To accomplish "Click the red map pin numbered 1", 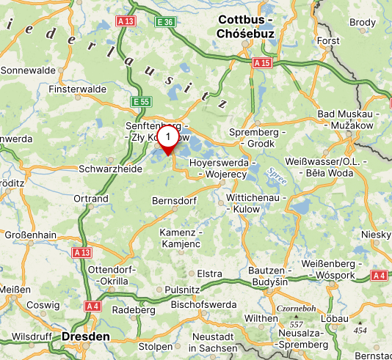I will tap(169, 139).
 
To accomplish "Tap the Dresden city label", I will tap(86, 337).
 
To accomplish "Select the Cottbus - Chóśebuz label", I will tap(245, 26).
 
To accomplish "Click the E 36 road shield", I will tap(164, 23).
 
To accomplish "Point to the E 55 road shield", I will tap(141, 100).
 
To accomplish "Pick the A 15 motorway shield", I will tap(261, 64).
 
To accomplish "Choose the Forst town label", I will tap(328, 41).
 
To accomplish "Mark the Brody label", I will tap(361, 23).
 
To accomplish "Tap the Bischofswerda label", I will tap(203, 304).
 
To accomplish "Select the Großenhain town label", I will tap(31, 236).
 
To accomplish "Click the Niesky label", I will tap(377, 234).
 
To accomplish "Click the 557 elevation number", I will tap(296, 323).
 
